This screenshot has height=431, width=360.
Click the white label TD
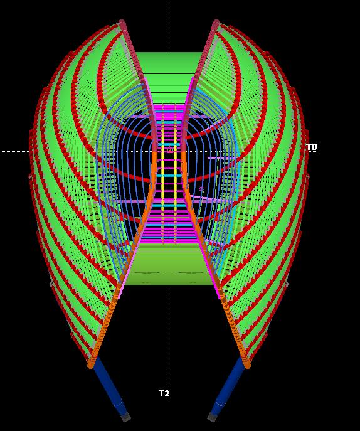[x=312, y=147]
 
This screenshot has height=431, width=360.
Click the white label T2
[x=164, y=393]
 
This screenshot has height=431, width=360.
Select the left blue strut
[x=109, y=387]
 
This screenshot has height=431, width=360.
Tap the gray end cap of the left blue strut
[x=126, y=417]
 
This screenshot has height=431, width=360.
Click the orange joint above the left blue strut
[x=91, y=364]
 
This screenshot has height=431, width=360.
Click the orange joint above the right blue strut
[x=246, y=364]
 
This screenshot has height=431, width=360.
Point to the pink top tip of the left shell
[x=122, y=23]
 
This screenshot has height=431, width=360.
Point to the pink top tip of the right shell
[x=216, y=23]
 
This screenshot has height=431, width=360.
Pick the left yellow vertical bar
[x=162, y=174]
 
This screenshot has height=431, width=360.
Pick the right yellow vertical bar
[x=175, y=174]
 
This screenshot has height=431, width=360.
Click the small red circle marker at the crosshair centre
[x=169, y=150]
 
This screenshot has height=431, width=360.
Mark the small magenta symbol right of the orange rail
[x=201, y=189]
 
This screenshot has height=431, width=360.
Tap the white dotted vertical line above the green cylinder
[x=169, y=26]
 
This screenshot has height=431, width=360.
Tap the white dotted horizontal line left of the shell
[x=14, y=151]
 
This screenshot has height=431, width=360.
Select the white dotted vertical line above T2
[x=169, y=338]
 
